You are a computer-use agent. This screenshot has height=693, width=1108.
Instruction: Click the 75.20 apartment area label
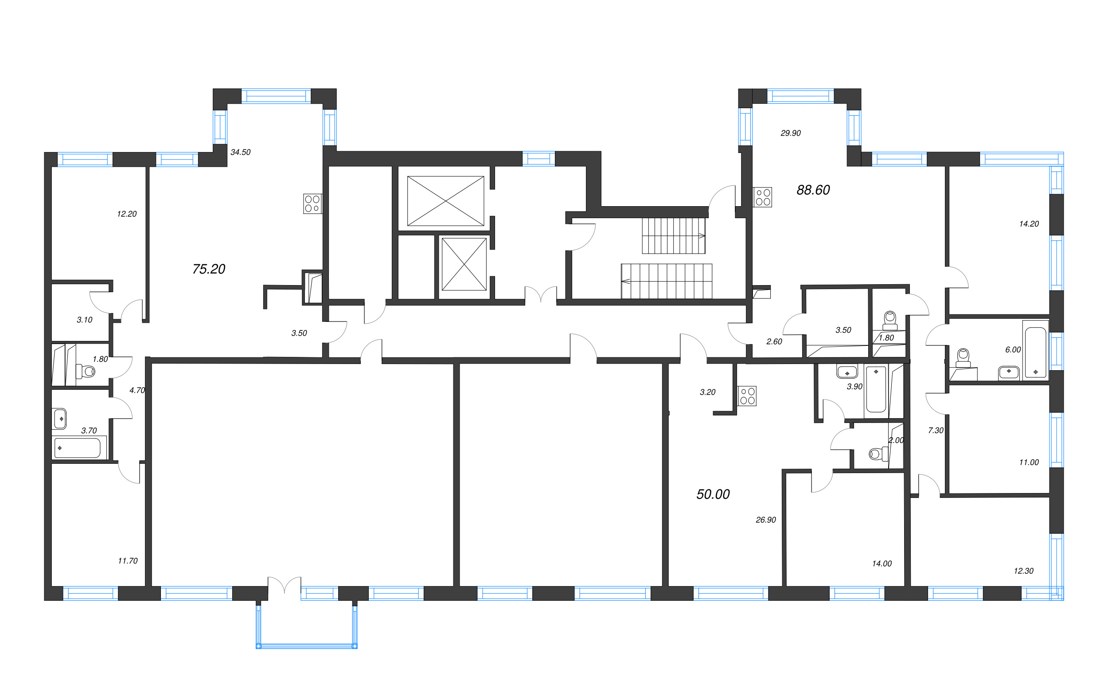point(209,269)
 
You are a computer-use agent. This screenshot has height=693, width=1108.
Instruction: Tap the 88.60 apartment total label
point(813,190)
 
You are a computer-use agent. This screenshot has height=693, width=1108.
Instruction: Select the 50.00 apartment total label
point(713,494)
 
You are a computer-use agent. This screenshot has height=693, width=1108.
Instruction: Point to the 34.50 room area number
point(241,152)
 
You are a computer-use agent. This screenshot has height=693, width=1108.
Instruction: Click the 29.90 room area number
point(791,133)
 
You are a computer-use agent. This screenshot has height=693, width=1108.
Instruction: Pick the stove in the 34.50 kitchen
point(312,204)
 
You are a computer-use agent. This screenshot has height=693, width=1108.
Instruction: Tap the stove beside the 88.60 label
point(763,197)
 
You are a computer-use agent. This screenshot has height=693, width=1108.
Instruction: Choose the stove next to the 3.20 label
point(747,396)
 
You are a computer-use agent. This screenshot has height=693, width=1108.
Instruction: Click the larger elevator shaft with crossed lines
point(445,201)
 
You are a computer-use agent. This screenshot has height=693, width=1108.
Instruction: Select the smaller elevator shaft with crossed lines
point(464,264)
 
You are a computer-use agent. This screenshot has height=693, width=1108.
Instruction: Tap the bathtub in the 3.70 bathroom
point(78,448)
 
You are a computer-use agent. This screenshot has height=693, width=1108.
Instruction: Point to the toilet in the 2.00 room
point(876,454)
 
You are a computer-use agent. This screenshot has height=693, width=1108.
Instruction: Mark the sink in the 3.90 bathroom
point(847,372)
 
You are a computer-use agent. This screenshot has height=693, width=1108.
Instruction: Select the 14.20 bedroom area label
point(1029,224)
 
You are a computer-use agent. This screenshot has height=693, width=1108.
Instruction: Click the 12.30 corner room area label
point(1023,571)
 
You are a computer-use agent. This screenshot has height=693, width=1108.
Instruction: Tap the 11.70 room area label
point(128,561)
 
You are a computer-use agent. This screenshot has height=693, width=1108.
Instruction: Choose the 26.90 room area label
point(766,520)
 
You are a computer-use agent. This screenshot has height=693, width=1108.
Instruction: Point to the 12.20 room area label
point(127,214)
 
